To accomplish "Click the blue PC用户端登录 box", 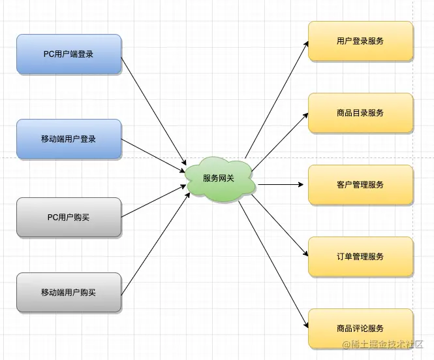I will [69, 54].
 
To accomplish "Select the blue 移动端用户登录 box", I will [69, 139].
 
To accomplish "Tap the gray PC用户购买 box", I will [69, 217].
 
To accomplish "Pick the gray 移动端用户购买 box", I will [69, 292].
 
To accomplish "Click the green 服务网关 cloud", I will [219, 178].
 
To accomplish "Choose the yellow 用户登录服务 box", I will [360, 41].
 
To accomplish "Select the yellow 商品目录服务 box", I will [360, 112].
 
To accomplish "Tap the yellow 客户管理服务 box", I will [360, 184].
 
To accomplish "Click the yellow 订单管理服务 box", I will [360, 256].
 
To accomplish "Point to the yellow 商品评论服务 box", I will [360, 328].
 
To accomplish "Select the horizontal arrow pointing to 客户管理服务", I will [281, 184].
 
